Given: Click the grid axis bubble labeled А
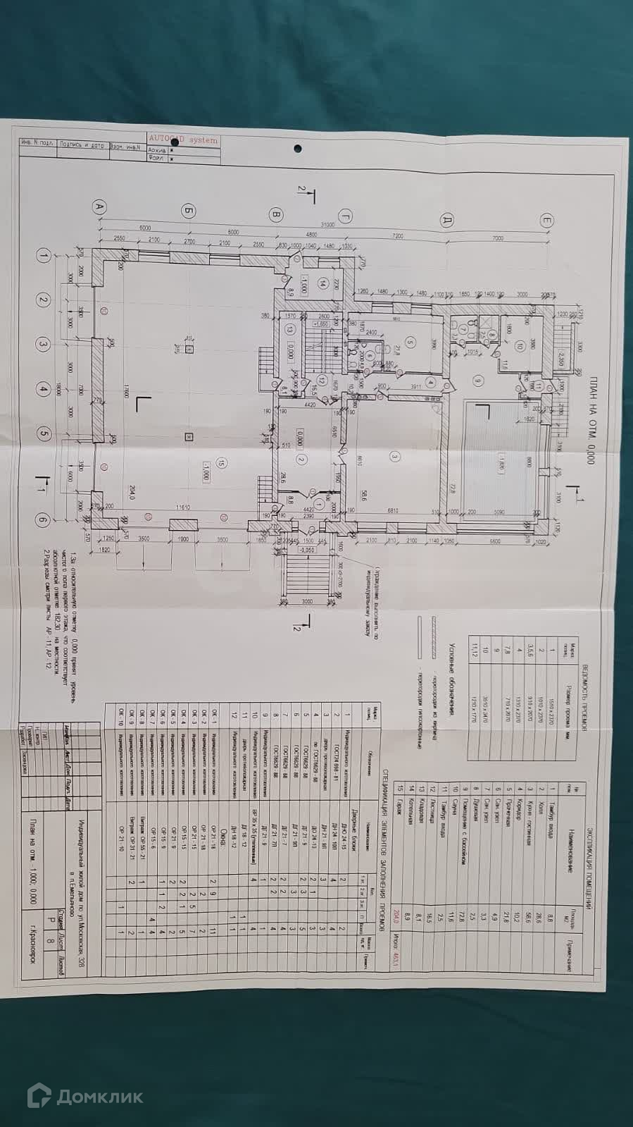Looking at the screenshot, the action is (99, 207).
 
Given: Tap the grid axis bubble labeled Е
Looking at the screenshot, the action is (547, 221).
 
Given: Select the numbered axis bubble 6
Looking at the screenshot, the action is (44, 520).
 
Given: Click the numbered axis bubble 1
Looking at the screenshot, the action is (44, 257).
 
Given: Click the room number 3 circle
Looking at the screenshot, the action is (394, 457).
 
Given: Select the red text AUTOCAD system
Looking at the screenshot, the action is (184, 140).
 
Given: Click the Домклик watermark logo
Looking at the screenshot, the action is (84, 1096).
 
